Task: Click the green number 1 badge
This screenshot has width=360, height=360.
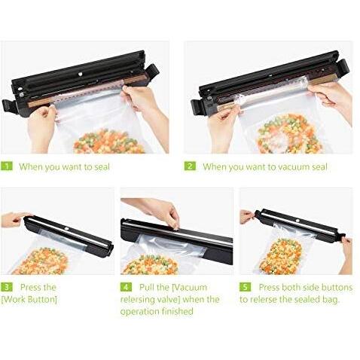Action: [x=7, y=166]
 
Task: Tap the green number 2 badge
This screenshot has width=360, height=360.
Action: [x=190, y=166]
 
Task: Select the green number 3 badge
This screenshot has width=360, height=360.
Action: [x=7, y=287]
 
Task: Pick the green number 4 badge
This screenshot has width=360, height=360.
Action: [x=126, y=287]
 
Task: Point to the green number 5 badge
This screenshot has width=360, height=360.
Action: [x=245, y=287]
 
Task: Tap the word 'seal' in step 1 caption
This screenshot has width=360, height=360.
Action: [x=102, y=166]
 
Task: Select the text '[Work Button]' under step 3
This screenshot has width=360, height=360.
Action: [x=29, y=300]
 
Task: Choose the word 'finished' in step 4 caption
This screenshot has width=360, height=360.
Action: [x=178, y=311]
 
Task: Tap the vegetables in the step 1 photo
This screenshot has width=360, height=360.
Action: [x=109, y=142]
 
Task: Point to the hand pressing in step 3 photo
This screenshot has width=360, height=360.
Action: [x=16, y=219]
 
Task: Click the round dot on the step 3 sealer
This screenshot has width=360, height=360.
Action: [x=67, y=229]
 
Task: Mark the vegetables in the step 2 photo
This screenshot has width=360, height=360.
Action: [x=288, y=134]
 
